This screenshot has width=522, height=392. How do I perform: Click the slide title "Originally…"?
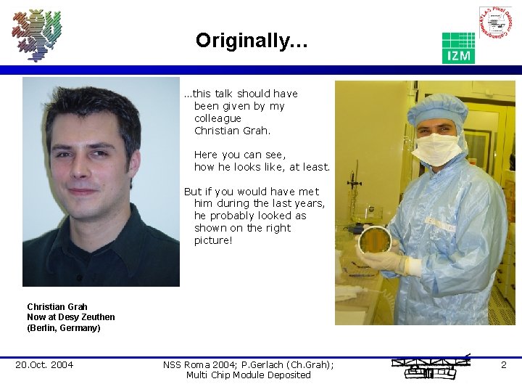click(252, 41)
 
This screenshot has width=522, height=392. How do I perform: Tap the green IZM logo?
click(458, 48)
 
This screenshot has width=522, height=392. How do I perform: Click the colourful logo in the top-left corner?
click(37, 34)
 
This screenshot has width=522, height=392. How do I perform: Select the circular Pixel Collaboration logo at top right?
click(495, 24)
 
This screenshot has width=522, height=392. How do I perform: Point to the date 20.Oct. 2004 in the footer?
click(44, 364)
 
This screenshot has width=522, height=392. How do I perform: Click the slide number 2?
click(503, 364)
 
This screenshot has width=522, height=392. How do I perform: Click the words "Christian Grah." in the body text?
click(232, 131)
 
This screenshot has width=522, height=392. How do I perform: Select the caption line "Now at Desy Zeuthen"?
click(71, 317)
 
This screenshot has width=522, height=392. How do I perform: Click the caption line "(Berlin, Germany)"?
click(64, 328)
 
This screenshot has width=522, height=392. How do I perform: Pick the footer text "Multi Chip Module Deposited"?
click(248, 375)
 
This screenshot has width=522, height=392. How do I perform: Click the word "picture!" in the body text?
click(213, 240)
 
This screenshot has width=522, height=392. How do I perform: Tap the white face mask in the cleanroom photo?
click(437, 148)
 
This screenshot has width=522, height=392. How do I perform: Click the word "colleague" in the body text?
click(217, 118)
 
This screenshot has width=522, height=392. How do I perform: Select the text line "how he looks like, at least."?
click(262, 167)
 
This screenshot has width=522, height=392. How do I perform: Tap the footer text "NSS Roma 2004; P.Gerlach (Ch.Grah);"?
click(249, 364)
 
